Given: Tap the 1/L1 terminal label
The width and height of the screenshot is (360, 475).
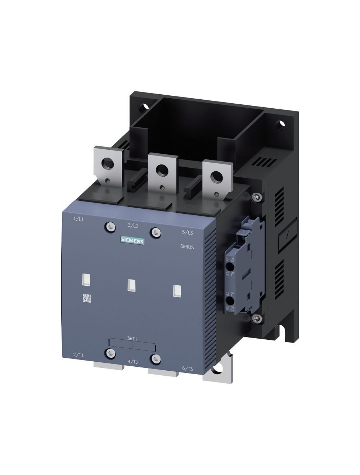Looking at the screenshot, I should (x=78, y=219).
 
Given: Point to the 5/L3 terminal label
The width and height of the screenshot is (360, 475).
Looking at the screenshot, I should (x=188, y=232).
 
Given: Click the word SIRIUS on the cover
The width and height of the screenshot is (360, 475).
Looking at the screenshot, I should (x=186, y=247).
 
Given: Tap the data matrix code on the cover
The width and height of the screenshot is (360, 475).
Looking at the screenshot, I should (x=87, y=298).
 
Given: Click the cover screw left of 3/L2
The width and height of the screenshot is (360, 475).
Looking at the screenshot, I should (x=110, y=226).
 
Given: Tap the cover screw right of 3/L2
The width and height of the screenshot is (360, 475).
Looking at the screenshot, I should (x=155, y=231).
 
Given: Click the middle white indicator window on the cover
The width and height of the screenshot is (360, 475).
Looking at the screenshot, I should (x=131, y=285).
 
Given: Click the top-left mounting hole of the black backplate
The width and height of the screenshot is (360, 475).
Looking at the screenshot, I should (x=145, y=107).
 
